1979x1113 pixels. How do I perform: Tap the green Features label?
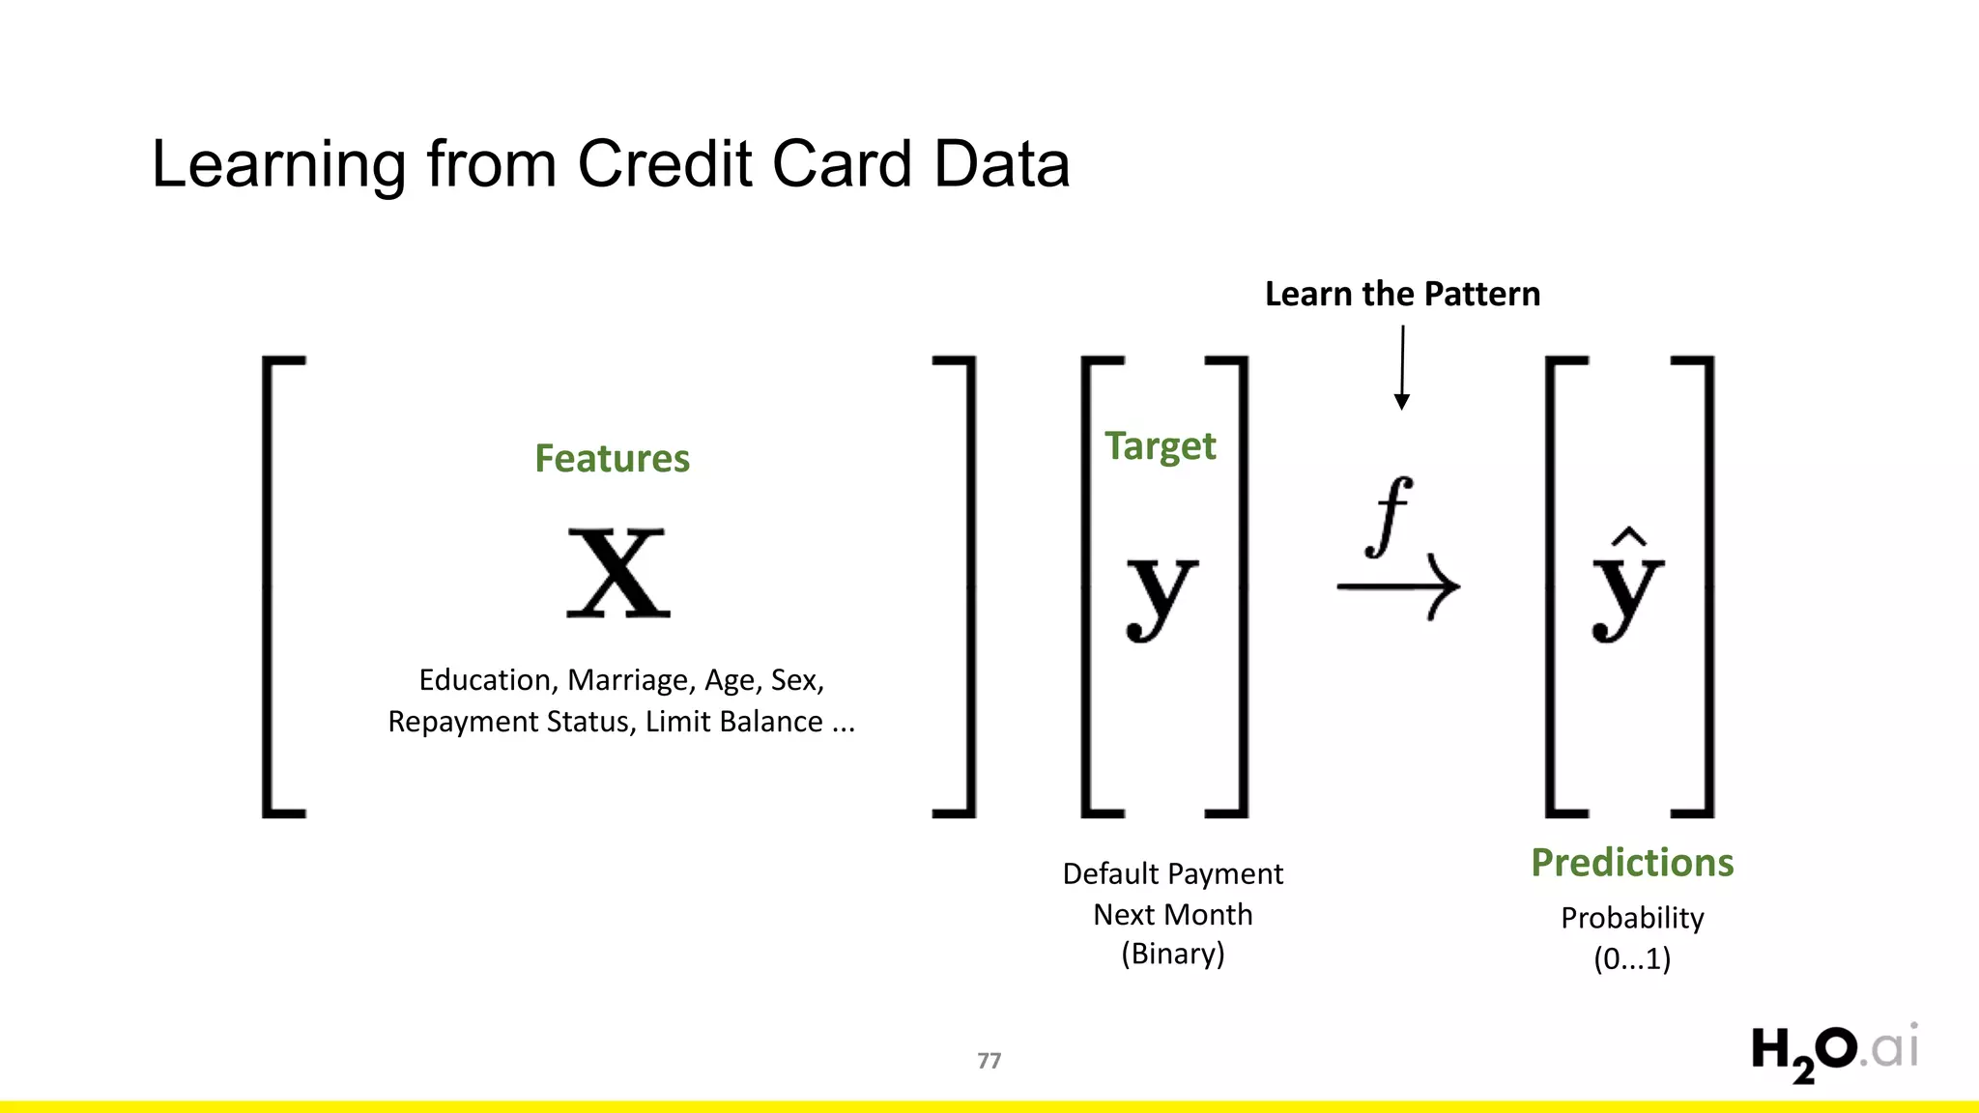pos(612,458)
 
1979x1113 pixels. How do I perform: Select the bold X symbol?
pos(618,574)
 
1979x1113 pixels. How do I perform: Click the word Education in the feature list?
pos(484,680)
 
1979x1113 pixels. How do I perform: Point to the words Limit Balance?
pos(734,722)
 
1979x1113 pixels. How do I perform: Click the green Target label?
pos(1160,446)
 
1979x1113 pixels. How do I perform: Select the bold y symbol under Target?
pos(1162,595)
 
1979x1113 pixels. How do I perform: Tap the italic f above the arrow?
pos(1390,516)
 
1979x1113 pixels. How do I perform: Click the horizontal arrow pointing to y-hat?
pos(1398,585)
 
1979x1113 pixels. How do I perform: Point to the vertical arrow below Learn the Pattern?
pos(1402,367)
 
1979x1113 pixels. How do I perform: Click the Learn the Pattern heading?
pos(1402,294)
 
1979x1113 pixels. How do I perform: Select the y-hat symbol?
pos(1627,587)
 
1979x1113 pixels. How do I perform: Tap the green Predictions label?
pos(1632,862)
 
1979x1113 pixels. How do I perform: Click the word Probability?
pos(1632,918)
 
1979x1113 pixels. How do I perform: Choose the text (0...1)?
pos(1632,959)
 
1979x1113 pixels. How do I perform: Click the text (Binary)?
pos(1172,954)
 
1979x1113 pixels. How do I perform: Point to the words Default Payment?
pos(1172,873)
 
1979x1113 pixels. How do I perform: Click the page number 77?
pos(989,1061)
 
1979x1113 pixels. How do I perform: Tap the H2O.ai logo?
pos(1833,1051)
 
